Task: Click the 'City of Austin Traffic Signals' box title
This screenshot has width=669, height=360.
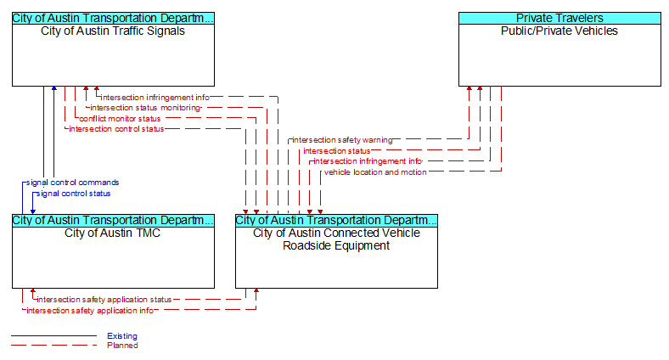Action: tap(113, 31)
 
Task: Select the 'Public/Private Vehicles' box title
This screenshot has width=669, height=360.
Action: tap(559, 31)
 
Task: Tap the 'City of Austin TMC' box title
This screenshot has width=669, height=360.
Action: tap(113, 233)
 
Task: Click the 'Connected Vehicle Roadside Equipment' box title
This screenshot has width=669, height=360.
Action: tap(336, 239)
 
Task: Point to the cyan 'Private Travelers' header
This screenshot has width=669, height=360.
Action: tap(559, 18)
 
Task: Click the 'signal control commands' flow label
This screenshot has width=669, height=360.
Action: tap(72, 183)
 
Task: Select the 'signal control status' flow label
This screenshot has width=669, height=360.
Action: tap(73, 194)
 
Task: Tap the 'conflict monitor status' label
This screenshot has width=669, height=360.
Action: tap(120, 119)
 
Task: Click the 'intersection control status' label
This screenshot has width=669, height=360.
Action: tap(116, 129)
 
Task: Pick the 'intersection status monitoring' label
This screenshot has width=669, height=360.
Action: tap(145, 108)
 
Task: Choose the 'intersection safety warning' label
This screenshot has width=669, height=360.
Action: tap(342, 140)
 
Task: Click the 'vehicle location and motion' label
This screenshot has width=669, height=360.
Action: tap(375, 172)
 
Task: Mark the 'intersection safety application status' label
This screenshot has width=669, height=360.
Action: tap(104, 300)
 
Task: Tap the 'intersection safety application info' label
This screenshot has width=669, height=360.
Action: tap(90, 311)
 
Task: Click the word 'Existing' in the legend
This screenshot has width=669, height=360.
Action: tap(122, 336)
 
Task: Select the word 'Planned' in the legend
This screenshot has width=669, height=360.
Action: tap(122, 346)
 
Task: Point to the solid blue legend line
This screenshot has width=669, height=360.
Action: tap(53, 336)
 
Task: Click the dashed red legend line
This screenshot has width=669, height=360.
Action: tap(53, 346)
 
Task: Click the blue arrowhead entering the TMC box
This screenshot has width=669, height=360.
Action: tap(33, 211)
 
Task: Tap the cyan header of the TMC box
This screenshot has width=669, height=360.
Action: tap(113, 220)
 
